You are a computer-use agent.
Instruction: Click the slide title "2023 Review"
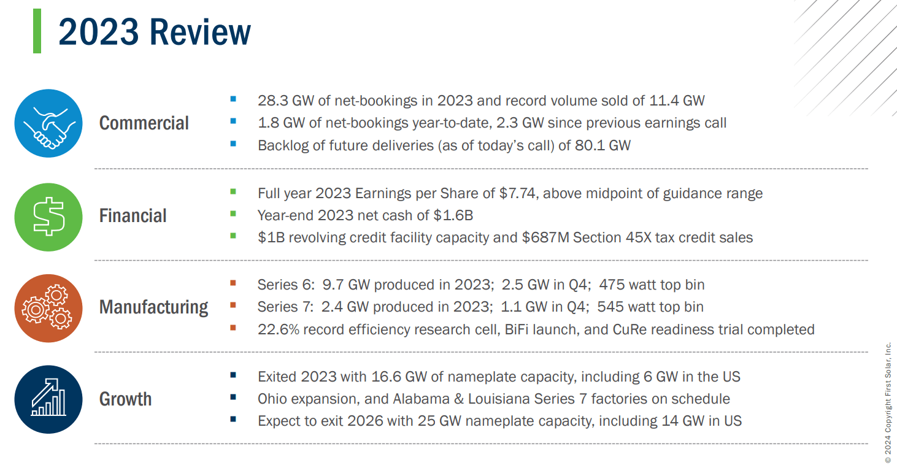(x=155, y=32)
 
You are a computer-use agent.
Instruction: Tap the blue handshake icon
(x=48, y=123)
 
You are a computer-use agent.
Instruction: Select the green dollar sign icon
(x=48, y=217)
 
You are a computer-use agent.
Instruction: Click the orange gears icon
(x=48, y=308)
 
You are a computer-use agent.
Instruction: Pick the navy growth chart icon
(x=48, y=399)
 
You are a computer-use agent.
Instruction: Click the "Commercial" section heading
(x=144, y=123)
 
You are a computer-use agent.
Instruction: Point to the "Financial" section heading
(x=133, y=216)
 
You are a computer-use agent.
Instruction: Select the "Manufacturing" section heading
(x=153, y=307)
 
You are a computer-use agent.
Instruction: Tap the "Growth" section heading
(x=125, y=399)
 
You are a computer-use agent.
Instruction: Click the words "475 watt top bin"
(x=652, y=285)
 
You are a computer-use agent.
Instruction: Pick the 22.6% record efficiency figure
(x=277, y=329)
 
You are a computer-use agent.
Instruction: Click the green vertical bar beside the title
(x=37, y=31)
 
